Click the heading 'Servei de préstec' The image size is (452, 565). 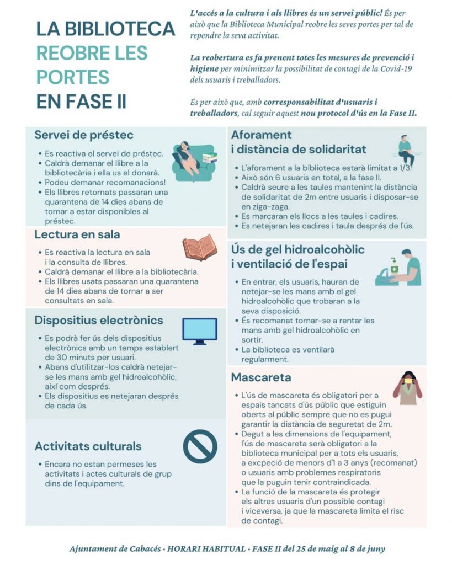click(84, 135)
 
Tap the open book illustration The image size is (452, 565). click(199, 248)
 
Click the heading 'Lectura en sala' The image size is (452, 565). click(77, 234)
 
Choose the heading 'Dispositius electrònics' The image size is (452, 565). click(99, 321)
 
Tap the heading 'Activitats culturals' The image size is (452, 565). click(88, 446)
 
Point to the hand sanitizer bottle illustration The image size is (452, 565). click(394, 266)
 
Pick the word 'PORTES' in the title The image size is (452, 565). click(73, 77)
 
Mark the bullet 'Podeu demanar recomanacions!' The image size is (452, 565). click(105, 182)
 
